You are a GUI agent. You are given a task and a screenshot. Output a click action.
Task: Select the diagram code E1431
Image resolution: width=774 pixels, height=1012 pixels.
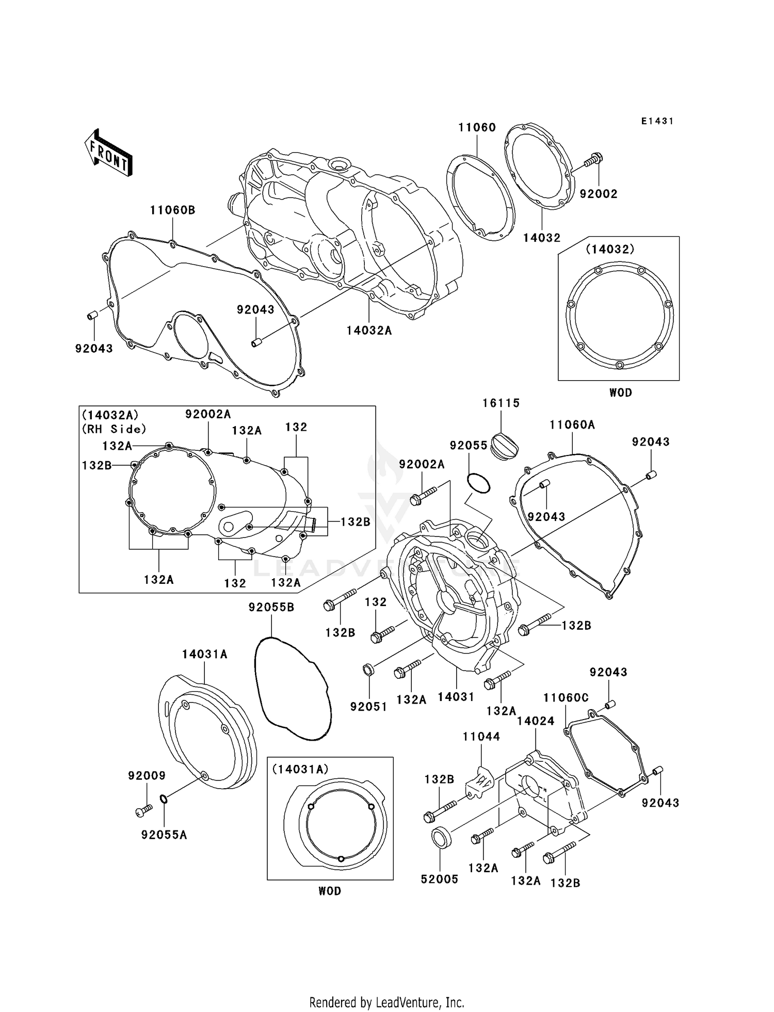coord(657,121)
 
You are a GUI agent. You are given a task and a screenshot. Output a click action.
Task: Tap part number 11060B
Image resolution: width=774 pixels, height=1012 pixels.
coord(172,210)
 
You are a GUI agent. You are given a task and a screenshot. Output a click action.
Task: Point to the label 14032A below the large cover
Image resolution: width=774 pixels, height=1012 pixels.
coord(369,331)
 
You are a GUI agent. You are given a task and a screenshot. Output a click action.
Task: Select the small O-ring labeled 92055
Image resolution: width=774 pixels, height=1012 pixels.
coord(478,483)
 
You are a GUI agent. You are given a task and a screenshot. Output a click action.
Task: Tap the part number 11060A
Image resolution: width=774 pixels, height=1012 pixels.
coord(572,425)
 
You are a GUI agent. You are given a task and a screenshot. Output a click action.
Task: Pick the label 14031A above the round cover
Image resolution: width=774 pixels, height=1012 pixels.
coord(204,655)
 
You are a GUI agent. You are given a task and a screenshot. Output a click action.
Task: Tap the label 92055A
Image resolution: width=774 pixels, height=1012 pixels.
coord(164,835)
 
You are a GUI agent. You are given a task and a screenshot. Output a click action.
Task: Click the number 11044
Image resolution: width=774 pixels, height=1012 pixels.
coord(481,737)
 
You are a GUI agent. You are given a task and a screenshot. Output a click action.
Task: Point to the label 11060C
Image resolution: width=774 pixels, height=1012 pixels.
coord(566,698)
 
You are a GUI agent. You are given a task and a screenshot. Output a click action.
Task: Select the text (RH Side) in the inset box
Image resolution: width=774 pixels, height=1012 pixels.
coord(114,429)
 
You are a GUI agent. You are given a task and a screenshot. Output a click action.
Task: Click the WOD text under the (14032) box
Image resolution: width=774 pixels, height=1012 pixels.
coord(620,393)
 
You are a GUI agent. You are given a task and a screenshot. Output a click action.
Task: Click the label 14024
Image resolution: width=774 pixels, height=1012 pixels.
coord(536,721)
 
